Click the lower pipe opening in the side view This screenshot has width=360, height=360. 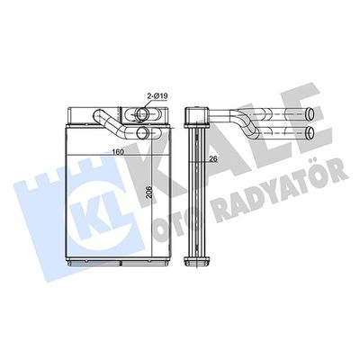click(310, 132)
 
